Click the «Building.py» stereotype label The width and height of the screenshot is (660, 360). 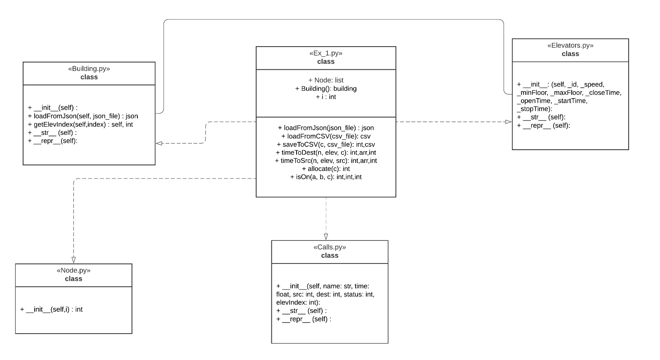pyautogui.click(x=89, y=69)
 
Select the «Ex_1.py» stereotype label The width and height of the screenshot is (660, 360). pyautogui.click(x=325, y=53)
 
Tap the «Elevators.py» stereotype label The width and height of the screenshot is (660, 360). pyautogui.click(x=570, y=46)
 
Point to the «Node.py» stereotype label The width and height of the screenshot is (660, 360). pyautogui.click(x=73, y=271)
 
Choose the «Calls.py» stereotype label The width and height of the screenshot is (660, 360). pyautogui.click(x=330, y=247)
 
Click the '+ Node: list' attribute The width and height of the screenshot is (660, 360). pyautogui.click(x=325, y=80)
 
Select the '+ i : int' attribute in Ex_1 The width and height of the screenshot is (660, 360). pyautogui.click(x=325, y=96)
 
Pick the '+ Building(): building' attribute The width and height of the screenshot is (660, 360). pyautogui.click(x=325, y=88)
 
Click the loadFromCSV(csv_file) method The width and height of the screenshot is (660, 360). pyautogui.click(x=325, y=136)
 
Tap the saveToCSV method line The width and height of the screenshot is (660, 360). pyautogui.click(x=325, y=144)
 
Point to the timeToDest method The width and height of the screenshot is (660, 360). pyautogui.click(x=325, y=153)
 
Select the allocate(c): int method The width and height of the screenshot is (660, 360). pyautogui.click(x=325, y=169)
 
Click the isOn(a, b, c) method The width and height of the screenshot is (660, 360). pyautogui.click(x=325, y=177)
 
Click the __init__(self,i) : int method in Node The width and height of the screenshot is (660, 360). pyautogui.click(x=51, y=309)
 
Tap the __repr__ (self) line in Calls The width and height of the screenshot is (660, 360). pyautogui.click(x=304, y=319)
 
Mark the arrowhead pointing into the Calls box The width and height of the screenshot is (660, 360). pyautogui.click(x=326, y=237)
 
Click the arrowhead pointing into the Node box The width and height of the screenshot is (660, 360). pyautogui.click(x=73, y=260)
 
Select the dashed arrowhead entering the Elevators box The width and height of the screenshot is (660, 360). pyautogui.click(x=509, y=122)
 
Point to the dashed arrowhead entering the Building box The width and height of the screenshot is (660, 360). pyautogui.click(x=159, y=143)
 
